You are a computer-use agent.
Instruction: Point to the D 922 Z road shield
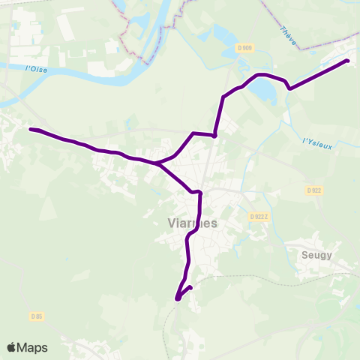259,216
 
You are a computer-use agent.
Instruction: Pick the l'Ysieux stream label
316,142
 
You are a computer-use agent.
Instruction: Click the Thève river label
287,35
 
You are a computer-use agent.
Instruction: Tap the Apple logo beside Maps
12,347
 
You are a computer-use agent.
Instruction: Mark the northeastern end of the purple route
347,61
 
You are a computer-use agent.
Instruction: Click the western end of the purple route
31,129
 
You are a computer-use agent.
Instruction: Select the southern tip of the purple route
178,299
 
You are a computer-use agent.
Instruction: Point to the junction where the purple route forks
155,163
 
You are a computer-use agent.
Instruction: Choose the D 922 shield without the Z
314,190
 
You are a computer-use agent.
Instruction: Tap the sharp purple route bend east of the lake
289,88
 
